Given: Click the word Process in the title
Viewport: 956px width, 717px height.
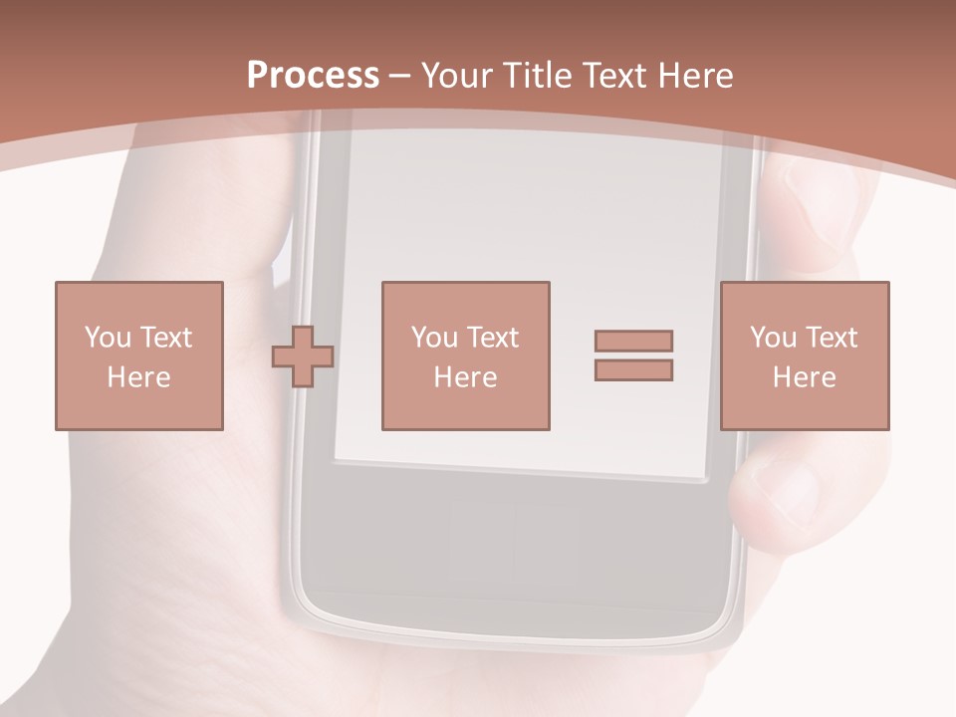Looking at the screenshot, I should click(313, 76).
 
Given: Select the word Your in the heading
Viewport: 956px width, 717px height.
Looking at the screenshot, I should click(458, 76).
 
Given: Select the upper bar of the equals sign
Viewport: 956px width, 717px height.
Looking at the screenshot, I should click(633, 341).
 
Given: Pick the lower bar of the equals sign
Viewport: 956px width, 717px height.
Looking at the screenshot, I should click(633, 369).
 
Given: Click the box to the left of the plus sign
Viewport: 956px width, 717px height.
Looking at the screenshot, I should click(139, 356).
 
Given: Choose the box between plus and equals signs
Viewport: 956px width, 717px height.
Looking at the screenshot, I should click(466, 356).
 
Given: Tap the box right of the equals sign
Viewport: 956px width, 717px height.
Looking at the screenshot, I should click(805, 356).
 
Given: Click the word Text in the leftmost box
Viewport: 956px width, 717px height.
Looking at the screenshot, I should click(165, 338).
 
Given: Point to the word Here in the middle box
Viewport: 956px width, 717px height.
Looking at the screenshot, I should click(466, 377).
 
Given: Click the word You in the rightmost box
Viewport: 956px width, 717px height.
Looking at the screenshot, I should click(774, 338).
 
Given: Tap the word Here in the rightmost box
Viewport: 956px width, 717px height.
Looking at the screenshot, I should click(805, 377).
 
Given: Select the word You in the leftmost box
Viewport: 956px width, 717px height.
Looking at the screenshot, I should click(108, 338).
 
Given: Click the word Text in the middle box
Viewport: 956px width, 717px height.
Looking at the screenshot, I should click(493, 338).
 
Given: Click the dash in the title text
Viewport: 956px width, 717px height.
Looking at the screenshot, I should click(399, 76).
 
